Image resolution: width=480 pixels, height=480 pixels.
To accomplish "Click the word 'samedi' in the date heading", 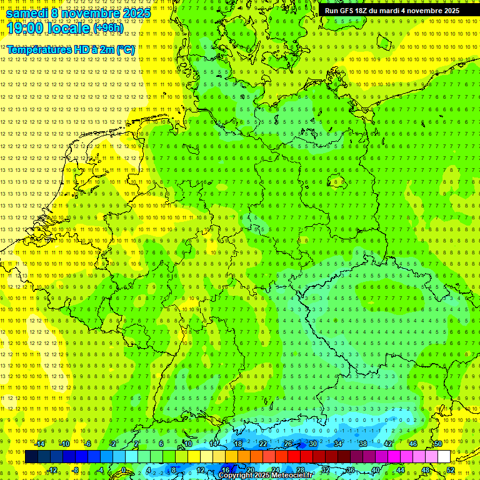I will (x=27, y=13).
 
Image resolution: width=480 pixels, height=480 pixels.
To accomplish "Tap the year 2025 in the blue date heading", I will (x=134, y=13).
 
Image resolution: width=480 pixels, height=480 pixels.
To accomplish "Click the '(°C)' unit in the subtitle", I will (x=125, y=49).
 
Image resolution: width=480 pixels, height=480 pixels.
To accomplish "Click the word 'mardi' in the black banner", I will (x=394, y=11).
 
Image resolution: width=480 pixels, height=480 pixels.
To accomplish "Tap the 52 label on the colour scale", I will (x=450, y=470).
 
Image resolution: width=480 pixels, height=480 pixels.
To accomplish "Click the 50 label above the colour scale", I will (x=438, y=444).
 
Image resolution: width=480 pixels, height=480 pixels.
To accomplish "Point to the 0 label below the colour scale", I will (x=124, y=470).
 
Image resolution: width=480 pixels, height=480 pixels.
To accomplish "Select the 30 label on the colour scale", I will (x=312, y=444).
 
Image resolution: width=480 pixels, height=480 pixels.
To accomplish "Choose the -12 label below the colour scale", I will (x=52, y=470).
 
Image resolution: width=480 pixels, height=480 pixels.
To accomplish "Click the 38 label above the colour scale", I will (x=362, y=444).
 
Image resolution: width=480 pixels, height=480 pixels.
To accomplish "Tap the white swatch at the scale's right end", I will (x=444, y=457).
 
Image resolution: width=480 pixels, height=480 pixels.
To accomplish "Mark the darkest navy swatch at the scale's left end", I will (x=31, y=457).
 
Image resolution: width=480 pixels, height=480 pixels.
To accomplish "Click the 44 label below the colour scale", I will (x=400, y=470).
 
